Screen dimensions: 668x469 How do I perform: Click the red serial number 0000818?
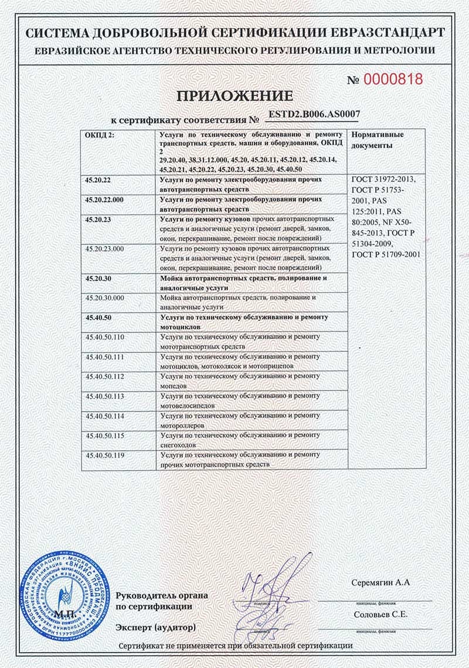(393, 80)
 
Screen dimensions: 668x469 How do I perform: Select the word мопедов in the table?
(174, 387)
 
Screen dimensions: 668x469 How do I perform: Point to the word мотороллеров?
(181, 426)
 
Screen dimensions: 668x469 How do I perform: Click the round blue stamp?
(65, 594)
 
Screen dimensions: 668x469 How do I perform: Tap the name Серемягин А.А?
(379, 583)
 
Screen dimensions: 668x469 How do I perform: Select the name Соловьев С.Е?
(380, 614)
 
